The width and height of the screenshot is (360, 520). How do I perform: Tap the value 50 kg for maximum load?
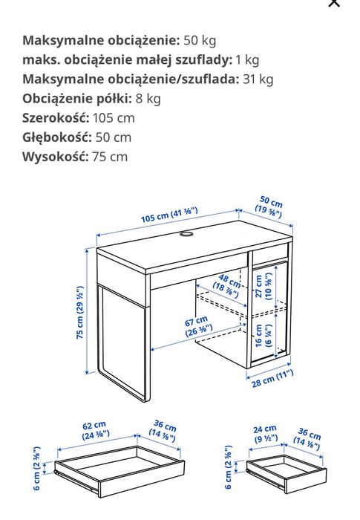click(x=199, y=40)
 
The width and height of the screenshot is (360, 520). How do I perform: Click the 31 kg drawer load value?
click(x=258, y=79)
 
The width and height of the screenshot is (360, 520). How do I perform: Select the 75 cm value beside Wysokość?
click(x=108, y=156)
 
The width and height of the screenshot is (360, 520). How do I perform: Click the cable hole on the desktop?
click(x=186, y=236)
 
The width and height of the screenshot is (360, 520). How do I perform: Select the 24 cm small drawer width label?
click(x=264, y=434)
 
